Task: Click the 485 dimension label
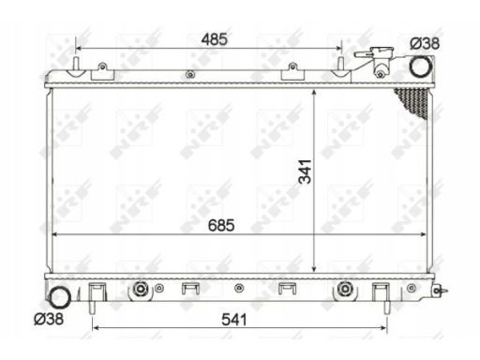(215, 39)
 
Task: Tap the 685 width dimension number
(221, 225)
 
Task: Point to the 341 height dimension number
(306, 172)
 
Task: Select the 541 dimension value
(234, 320)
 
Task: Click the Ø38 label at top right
(425, 43)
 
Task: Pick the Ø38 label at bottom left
(49, 319)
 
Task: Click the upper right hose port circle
(421, 67)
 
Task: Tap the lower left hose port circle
(60, 297)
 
